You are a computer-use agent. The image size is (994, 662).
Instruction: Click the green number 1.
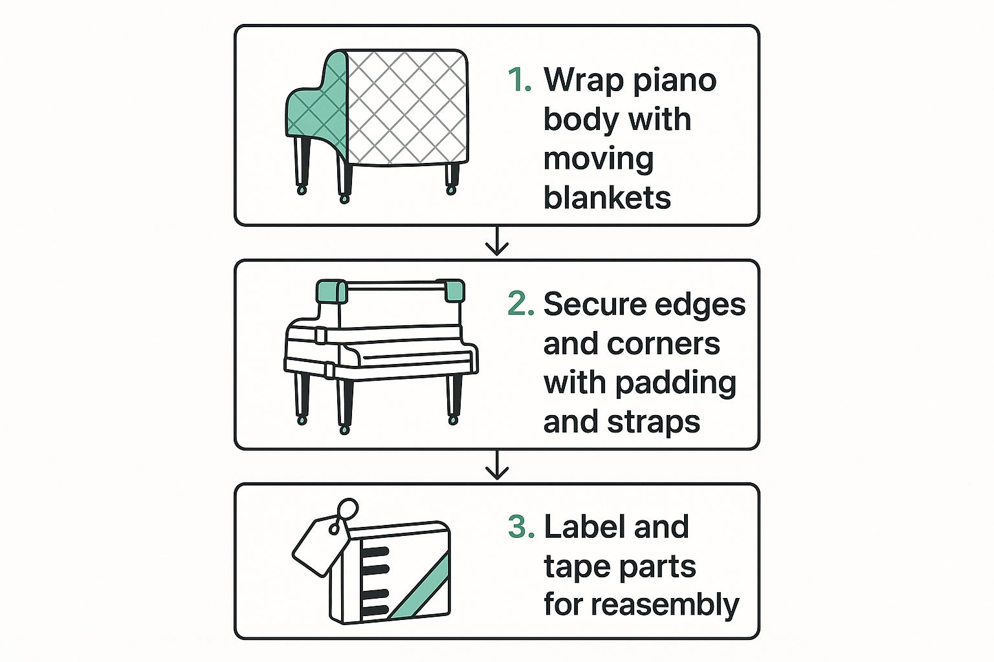point(519,80)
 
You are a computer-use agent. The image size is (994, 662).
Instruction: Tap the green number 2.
point(521,304)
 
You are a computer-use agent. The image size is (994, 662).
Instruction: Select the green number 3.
point(522,526)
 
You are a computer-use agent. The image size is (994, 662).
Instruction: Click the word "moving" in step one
point(599,160)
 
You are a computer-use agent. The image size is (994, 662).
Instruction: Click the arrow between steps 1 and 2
point(497,241)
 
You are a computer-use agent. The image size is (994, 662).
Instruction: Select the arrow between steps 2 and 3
point(497,465)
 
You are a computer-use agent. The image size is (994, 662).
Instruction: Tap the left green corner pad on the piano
point(332,291)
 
